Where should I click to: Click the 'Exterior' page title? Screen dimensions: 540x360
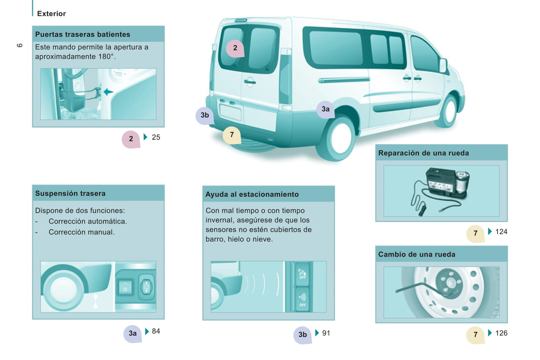pyautogui.click(x=51, y=13)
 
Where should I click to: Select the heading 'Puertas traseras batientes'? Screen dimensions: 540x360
pyautogui.click(x=83, y=34)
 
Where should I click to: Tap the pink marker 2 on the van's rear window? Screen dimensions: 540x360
pyautogui.click(x=235, y=48)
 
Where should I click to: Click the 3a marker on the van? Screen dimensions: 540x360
pyautogui.click(x=325, y=109)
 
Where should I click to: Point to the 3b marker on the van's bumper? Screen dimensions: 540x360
pyautogui.click(x=205, y=115)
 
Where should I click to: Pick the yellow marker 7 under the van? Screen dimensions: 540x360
pyautogui.click(x=232, y=135)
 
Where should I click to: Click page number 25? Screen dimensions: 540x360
pyautogui.click(x=156, y=137)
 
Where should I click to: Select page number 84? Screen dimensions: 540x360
pyautogui.click(x=156, y=331)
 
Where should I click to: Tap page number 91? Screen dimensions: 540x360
pyautogui.click(x=326, y=333)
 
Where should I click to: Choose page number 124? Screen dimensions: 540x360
pyautogui.click(x=501, y=232)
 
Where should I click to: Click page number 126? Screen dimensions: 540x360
pyautogui.click(x=501, y=333)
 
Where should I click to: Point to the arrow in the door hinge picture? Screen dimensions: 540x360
pyautogui.click(x=108, y=92)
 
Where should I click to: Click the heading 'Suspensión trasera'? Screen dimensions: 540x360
pyautogui.click(x=70, y=193)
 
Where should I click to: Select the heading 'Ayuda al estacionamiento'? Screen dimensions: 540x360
pyautogui.click(x=252, y=194)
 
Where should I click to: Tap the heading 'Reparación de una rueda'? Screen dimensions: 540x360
pyautogui.click(x=423, y=153)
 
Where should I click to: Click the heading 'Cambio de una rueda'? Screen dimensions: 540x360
pyautogui.click(x=417, y=254)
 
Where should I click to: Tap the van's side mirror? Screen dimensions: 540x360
pyautogui.click(x=443, y=65)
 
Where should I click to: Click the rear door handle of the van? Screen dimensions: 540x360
pyautogui.click(x=250, y=82)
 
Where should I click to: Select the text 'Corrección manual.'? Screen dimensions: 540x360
pyautogui.click(x=81, y=232)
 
